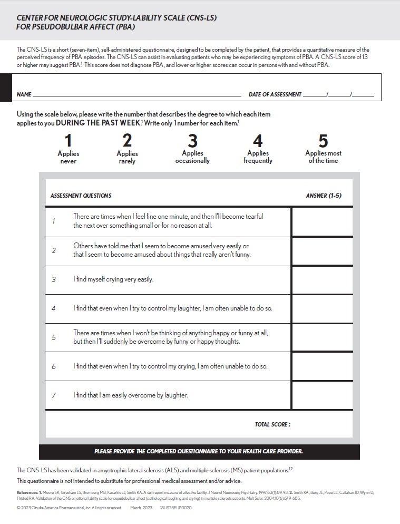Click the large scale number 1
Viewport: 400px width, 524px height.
pos(68,141)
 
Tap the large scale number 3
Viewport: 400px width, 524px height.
pos(192,141)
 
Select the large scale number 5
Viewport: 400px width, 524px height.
pos(323,141)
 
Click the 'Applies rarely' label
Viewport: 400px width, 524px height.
pos(127,158)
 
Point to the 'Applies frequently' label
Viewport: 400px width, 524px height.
pos(258,157)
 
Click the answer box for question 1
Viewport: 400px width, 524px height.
pos(322,221)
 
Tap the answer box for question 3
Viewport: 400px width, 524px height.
pos(322,280)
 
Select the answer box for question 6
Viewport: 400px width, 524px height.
pos(322,366)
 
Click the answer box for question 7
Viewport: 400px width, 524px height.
pos(322,395)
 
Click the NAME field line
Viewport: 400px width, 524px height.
pos(137,95)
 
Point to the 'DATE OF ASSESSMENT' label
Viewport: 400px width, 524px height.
pos(275,95)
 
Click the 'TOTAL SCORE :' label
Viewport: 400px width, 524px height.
pos(272,424)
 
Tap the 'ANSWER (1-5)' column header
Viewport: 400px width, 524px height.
pos(324,196)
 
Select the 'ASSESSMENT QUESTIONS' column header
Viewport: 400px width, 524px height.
pos(81,196)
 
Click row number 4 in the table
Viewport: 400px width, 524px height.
pos(54,308)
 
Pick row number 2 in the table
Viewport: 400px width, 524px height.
pos(54,250)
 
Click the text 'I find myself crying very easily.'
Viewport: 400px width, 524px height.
pos(113,279)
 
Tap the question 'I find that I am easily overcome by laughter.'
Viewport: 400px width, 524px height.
pos(130,395)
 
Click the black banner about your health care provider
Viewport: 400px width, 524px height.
pos(199,452)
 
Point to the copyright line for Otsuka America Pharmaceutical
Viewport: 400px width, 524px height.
pos(69,508)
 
